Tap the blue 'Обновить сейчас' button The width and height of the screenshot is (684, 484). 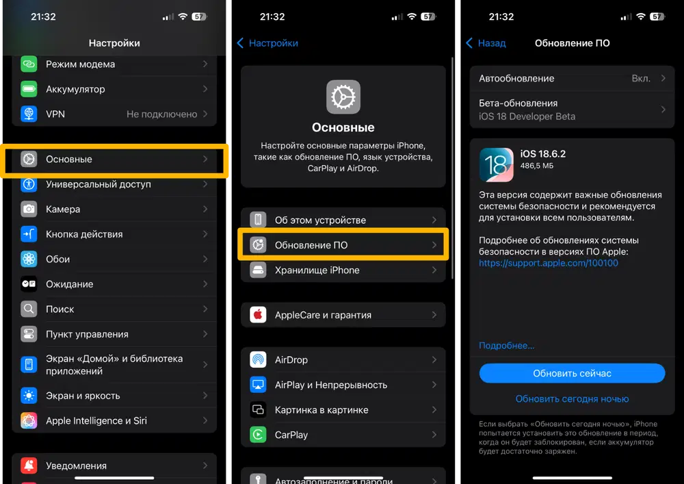[572, 374]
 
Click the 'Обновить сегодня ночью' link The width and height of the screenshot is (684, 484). [572, 399]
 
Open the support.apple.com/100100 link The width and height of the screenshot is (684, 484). [549, 263]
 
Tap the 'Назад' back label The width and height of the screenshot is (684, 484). [492, 43]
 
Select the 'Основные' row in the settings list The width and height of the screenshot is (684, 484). [114, 160]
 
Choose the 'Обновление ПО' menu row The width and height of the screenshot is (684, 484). [343, 245]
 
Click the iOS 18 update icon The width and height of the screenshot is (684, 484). [497, 164]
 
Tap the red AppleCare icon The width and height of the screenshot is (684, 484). [259, 315]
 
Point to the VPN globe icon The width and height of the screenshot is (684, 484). [29, 114]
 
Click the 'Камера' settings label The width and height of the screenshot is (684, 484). [63, 209]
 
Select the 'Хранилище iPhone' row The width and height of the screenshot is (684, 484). [343, 270]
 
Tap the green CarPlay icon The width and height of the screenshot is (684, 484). [259, 435]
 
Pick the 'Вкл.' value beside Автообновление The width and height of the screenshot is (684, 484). [641, 79]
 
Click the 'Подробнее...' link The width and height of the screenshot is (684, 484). [506, 346]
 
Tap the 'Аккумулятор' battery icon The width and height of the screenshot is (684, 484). [29, 89]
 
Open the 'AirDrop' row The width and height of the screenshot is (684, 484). [343, 359]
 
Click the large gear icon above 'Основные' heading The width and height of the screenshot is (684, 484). [343, 97]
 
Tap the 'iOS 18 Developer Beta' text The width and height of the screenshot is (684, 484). [527, 116]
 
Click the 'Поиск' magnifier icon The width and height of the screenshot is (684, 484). [29, 309]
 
